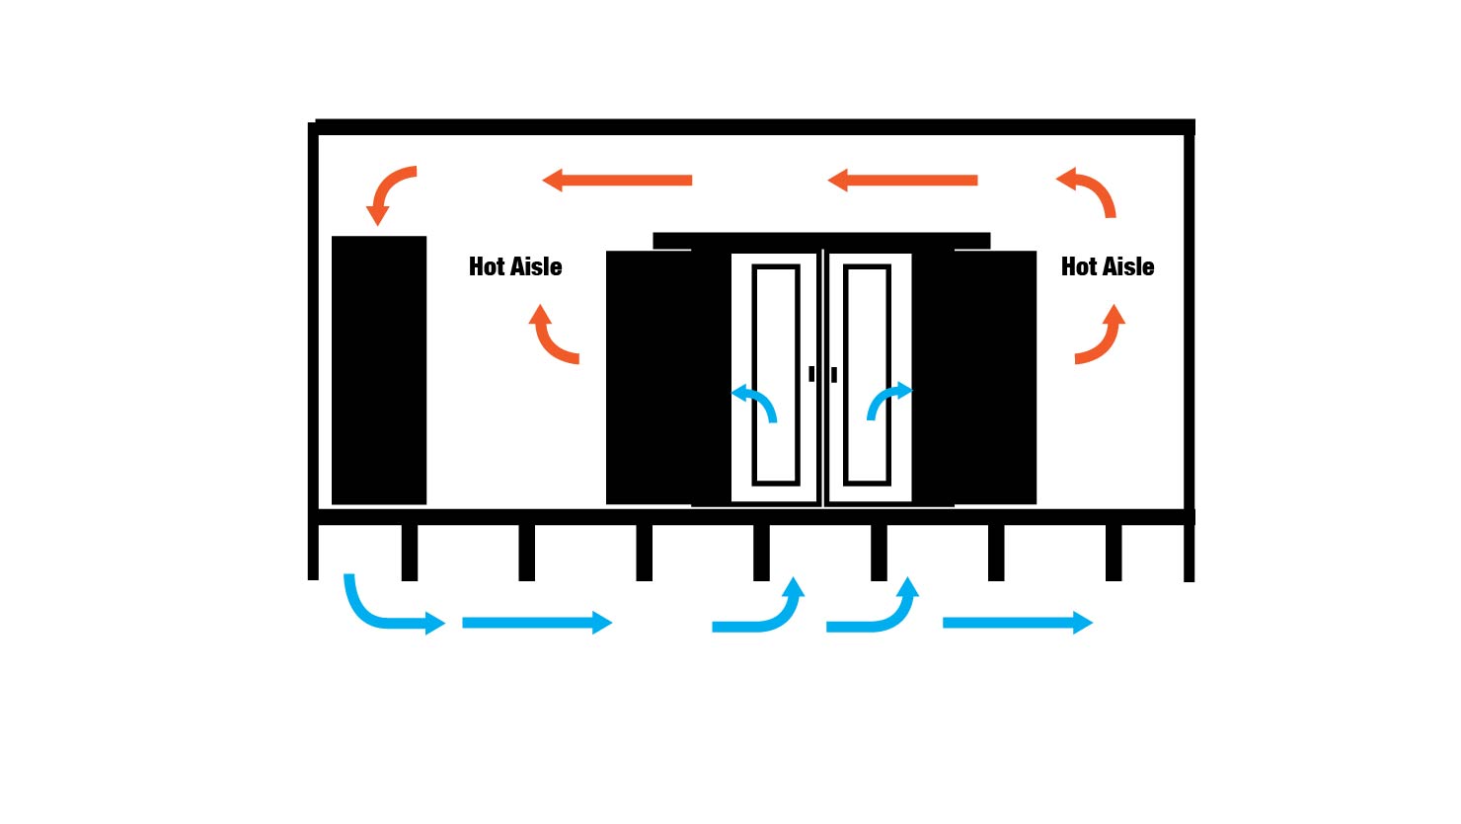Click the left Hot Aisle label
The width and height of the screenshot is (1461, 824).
(x=515, y=266)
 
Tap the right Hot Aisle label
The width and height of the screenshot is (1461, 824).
(x=1108, y=266)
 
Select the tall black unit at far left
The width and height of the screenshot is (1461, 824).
(x=379, y=370)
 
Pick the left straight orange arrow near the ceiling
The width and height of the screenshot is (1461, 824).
(x=618, y=181)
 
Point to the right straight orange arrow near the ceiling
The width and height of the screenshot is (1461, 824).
(x=902, y=181)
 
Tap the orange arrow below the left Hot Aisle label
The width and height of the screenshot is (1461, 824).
(x=550, y=337)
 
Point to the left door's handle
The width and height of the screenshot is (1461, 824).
(x=811, y=374)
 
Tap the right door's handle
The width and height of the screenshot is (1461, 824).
(x=834, y=375)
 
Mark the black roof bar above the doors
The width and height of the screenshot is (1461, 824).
(x=821, y=241)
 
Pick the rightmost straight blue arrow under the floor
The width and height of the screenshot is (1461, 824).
(x=1018, y=623)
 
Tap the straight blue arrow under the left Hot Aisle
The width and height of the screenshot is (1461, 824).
(x=537, y=623)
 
